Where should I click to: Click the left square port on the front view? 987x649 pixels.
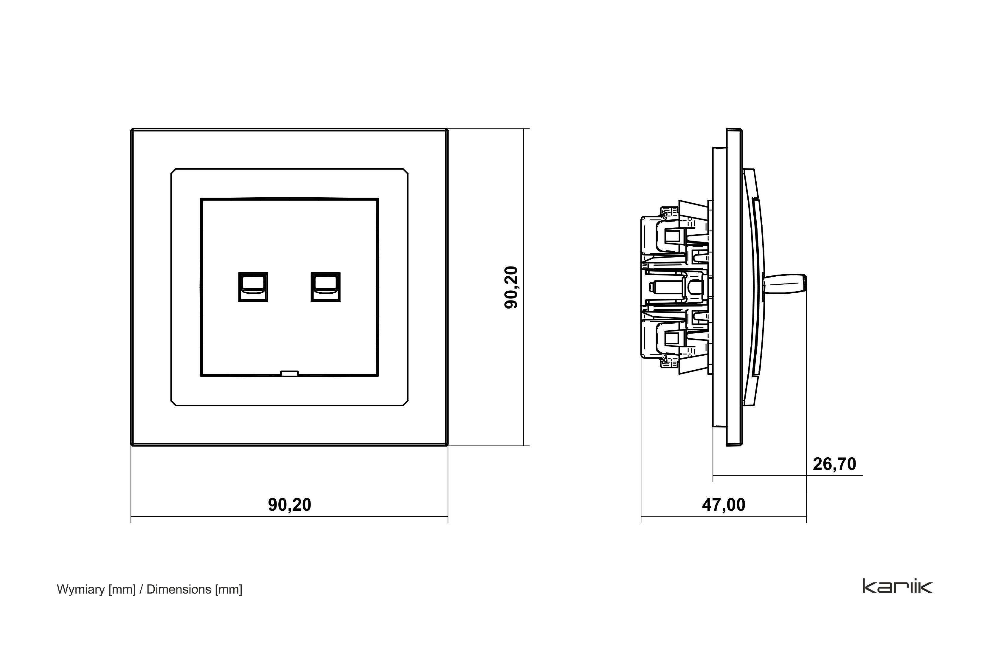point(253,287)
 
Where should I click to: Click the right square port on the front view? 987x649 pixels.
point(325,287)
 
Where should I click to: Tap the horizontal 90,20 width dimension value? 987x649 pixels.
point(289,505)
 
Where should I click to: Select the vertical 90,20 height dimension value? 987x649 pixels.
point(511,287)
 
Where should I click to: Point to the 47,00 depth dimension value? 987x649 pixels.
point(724,505)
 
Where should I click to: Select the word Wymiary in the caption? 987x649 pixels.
point(81,590)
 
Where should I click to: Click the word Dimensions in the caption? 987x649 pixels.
point(179,589)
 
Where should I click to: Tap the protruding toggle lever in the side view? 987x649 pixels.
point(785,287)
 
